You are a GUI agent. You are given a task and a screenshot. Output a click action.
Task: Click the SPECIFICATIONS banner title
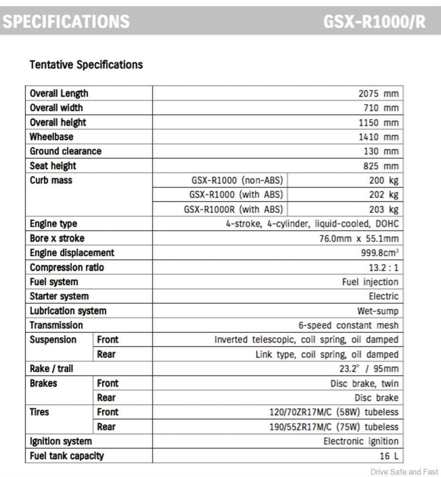[x=66, y=21]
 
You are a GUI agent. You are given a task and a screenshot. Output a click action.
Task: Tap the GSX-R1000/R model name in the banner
[x=374, y=21]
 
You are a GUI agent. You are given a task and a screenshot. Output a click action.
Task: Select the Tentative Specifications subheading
[x=86, y=64]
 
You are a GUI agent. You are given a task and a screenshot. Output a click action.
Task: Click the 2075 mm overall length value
[x=378, y=93]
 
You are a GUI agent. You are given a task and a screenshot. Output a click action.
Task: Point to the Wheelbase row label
[x=51, y=137]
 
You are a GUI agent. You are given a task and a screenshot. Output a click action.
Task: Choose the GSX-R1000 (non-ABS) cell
[x=237, y=180]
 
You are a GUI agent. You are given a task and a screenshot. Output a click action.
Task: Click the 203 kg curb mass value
[x=383, y=209]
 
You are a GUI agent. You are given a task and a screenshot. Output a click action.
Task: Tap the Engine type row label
[x=53, y=224]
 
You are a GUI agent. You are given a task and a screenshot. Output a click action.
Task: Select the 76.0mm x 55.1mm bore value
[x=359, y=238]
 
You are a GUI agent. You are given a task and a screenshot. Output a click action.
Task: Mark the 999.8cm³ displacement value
[x=379, y=253]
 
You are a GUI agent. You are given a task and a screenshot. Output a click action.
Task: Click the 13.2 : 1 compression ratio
[x=382, y=268]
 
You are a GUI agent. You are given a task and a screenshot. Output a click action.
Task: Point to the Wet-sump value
[x=378, y=311]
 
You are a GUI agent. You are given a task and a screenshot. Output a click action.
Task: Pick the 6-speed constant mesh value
[x=348, y=325]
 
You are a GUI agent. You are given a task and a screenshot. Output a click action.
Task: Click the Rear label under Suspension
[x=106, y=354]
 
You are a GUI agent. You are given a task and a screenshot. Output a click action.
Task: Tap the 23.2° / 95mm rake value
[x=369, y=369]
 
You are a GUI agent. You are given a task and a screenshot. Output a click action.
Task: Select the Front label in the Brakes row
[x=107, y=383]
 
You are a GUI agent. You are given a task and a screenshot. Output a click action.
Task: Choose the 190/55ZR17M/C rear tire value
[x=334, y=426]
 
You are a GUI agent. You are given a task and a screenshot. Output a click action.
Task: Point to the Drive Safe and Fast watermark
[x=404, y=472]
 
